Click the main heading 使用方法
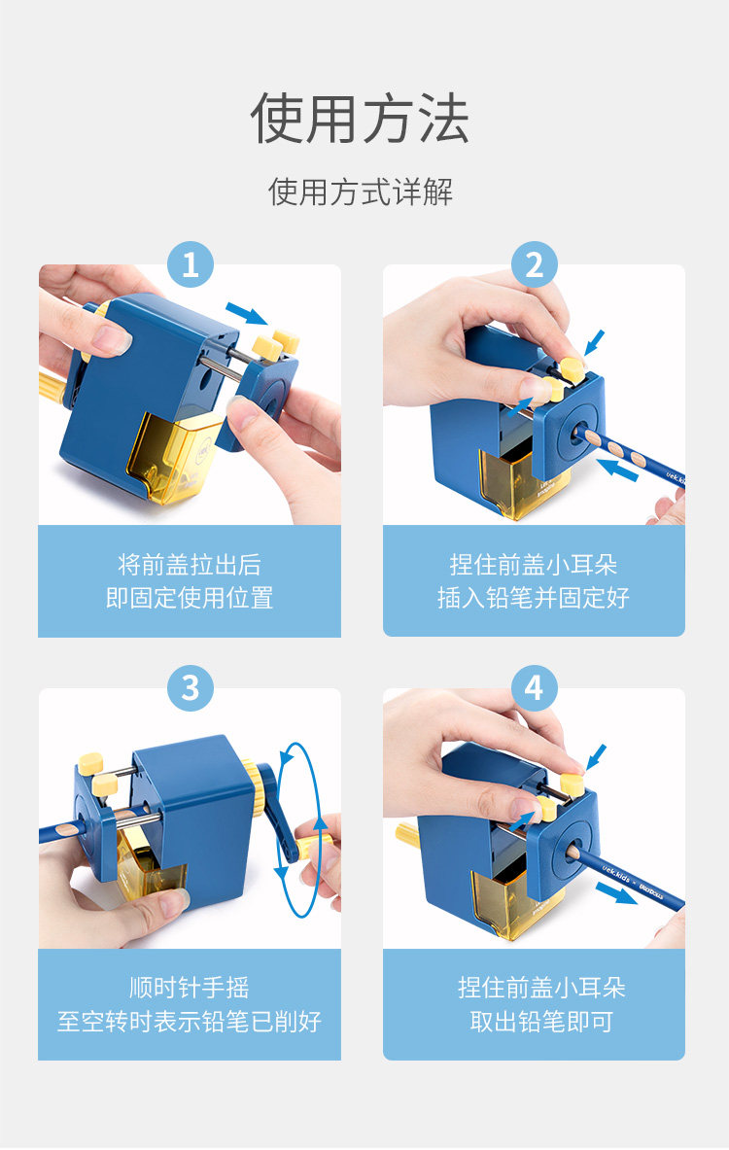coord(360,118)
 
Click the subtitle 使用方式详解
coord(360,192)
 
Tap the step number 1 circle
coord(190,264)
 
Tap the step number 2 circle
coord(534,264)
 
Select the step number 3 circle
coord(190,688)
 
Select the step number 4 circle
coord(534,688)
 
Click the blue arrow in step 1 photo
coord(247,313)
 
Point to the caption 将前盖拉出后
coord(190,565)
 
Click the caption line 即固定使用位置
coord(190,598)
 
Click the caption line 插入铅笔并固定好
coord(534,598)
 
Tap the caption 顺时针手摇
coord(190,988)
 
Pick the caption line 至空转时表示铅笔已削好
coord(190,1021)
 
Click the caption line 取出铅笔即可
coord(541,1021)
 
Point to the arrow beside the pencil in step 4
coord(616,894)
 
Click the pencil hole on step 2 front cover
coord(576,429)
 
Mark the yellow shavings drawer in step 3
coord(151,864)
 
